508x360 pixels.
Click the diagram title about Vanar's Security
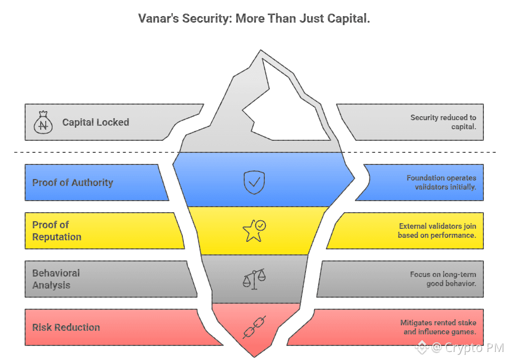click(x=254, y=20)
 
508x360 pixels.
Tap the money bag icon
click(x=43, y=123)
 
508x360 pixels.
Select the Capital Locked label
click(x=95, y=122)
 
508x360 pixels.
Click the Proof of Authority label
click(x=73, y=183)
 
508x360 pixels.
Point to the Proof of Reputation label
click(x=56, y=231)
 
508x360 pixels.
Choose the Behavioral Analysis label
click(x=56, y=279)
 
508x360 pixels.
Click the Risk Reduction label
click(x=66, y=327)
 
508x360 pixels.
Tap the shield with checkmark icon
click(x=254, y=182)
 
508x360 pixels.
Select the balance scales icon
click(x=254, y=279)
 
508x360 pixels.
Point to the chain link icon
click(x=254, y=327)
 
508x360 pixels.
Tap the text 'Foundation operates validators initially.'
click(x=441, y=183)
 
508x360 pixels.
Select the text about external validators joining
click(x=437, y=231)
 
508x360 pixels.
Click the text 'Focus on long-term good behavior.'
click(x=443, y=279)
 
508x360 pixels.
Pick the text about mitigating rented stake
click(x=438, y=327)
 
